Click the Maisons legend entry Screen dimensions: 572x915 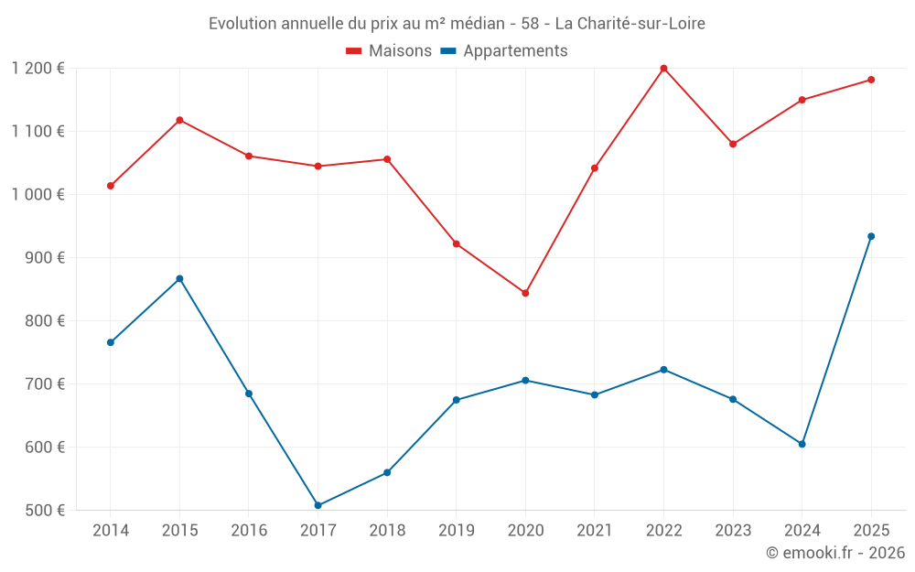[x=389, y=51]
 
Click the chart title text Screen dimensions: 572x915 [x=457, y=23]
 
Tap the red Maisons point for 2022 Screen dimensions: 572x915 [x=663, y=69]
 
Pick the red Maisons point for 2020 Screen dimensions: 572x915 [x=525, y=293]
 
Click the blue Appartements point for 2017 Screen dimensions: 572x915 [x=318, y=505]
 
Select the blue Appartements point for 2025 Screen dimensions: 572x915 [x=871, y=236]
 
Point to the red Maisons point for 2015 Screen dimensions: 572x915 [x=179, y=120]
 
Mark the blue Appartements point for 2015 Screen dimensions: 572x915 [x=179, y=278]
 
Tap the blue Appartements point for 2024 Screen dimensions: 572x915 [x=802, y=444]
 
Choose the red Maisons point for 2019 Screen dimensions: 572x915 [x=456, y=243]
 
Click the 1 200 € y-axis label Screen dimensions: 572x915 [x=38, y=68]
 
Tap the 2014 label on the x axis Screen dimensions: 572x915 [x=110, y=530]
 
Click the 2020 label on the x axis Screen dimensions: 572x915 [x=525, y=530]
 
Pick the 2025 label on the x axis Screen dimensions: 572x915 [x=871, y=530]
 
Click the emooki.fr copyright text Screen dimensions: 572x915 [x=835, y=553]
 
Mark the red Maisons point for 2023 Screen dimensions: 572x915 [x=733, y=144]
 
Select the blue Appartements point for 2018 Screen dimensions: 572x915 [x=387, y=472]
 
